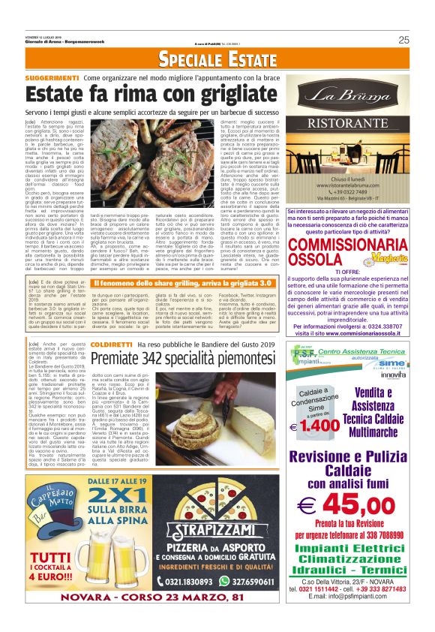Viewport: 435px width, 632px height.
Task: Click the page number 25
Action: (x=403, y=40)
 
